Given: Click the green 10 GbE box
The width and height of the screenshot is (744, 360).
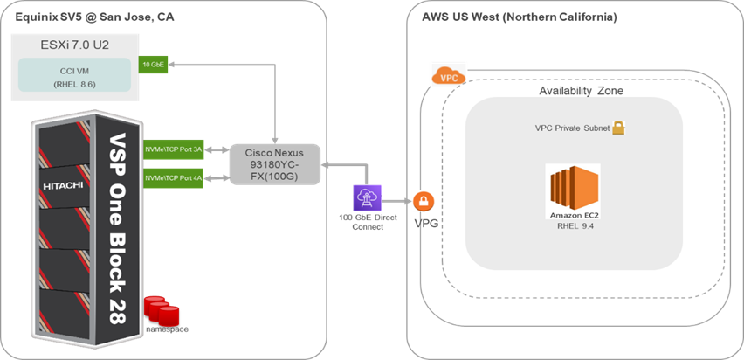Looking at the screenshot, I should point(150,65).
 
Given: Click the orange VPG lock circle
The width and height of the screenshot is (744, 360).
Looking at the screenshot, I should point(424,203).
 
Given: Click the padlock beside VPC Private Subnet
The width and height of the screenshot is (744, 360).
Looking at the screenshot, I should point(617,128).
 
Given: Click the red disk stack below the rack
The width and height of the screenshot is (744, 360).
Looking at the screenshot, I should point(166,310).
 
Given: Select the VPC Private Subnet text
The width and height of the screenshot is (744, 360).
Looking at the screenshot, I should point(570,128).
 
